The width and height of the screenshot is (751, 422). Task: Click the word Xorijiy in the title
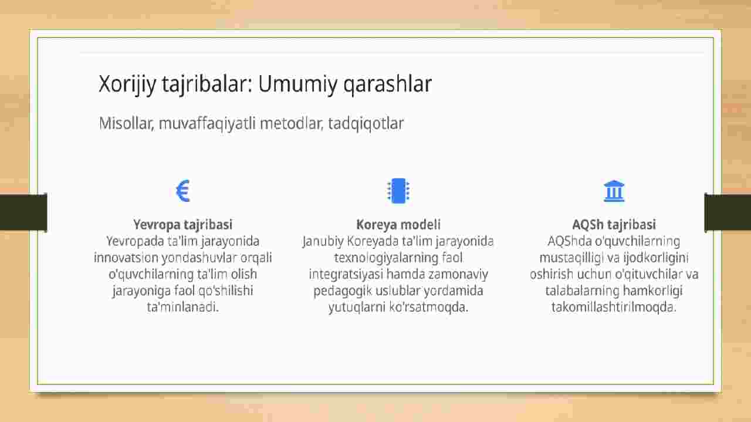[127, 84]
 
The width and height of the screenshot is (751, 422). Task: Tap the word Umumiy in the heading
[297, 83]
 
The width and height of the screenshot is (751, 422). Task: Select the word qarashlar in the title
[388, 84]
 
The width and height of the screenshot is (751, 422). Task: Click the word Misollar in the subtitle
[126, 123]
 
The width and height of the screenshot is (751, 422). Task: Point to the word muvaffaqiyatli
[207, 123]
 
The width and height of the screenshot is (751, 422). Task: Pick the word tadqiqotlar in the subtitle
[366, 123]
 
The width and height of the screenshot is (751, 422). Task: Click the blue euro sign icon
[183, 191]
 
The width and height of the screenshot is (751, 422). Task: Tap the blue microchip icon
[398, 191]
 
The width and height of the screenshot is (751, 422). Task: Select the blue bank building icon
[614, 191]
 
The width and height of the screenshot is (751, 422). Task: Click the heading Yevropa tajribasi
[182, 225]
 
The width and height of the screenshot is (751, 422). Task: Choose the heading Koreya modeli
[398, 225]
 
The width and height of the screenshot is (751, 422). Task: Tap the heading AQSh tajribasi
[614, 225]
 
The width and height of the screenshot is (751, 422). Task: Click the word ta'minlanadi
[182, 307]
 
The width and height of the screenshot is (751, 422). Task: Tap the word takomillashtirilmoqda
[614, 307]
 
